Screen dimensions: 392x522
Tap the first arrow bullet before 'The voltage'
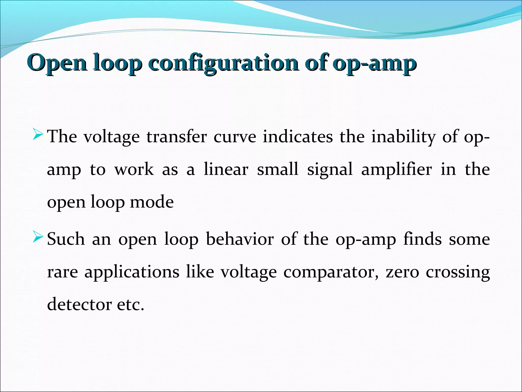point(38,134)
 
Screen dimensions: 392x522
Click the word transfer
point(176,137)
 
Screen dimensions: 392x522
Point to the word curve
point(234,137)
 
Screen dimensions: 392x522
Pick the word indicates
point(298,137)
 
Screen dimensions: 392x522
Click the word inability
point(403,137)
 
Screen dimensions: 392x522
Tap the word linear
point(226,169)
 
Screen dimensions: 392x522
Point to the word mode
point(152,202)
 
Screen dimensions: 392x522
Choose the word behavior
point(240,239)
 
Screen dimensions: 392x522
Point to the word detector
point(79,304)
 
